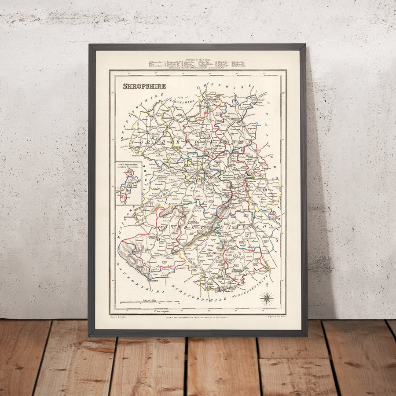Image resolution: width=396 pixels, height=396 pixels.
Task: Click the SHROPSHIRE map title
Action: click(144, 86)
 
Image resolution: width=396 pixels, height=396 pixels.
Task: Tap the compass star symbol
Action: click(266, 298)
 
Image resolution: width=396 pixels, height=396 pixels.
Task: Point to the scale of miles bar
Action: click(150, 303)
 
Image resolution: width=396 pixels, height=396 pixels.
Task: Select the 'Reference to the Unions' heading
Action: click(198, 59)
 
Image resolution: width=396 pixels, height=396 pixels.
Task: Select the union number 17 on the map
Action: click(247, 236)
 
